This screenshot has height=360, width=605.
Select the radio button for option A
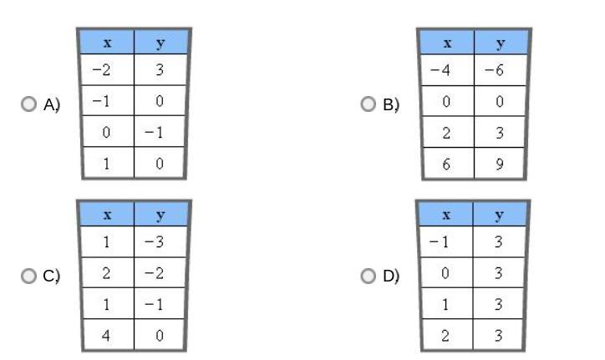click(29, 104)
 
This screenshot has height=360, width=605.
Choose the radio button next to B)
click(369, 104)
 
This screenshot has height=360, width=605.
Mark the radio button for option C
click(29, 276)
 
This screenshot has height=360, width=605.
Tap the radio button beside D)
click(369, 276)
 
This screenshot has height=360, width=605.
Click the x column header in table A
click(107, 42)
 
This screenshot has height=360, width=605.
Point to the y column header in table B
click(501, 42)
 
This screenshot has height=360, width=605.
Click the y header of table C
click(160, 214)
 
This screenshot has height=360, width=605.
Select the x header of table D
click(446, 214)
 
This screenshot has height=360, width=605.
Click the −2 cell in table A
click(107, 70)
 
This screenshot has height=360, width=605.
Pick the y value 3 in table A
click(160, 70)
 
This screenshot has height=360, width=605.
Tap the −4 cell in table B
click(446, 70)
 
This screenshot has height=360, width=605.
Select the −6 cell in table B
click(501, 70)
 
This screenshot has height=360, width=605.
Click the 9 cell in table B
click(501, 164)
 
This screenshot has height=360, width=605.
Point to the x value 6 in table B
click(446, 164)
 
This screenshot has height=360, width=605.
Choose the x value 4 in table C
click(107, 336)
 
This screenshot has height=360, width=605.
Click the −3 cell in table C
click(160, 242)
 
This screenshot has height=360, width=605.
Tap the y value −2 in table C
click(160, 273)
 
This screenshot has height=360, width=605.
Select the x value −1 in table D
click(446, 242)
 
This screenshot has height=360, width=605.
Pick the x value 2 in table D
click(446, 336)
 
